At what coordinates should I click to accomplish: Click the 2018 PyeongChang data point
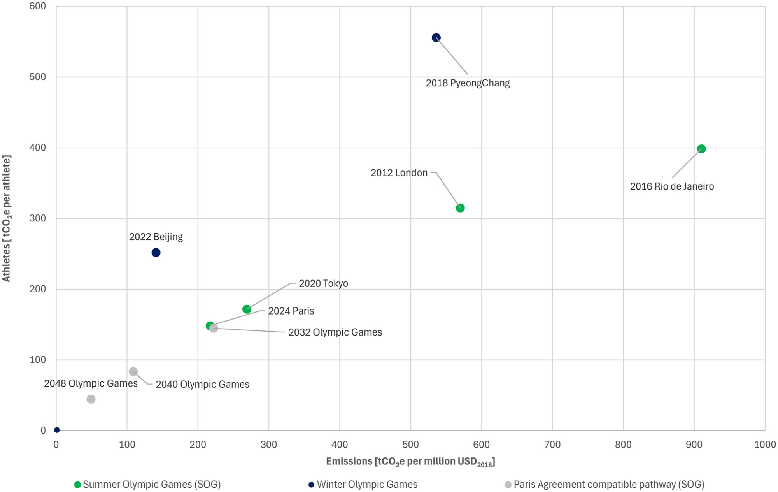436,38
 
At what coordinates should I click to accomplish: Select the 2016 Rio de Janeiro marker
701,149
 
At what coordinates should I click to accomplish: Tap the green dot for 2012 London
460,208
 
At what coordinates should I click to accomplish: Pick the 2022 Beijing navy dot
156,253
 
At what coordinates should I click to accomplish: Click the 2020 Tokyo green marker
247,309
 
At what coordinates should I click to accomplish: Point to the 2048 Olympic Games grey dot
91,399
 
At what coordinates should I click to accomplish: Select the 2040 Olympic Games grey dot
133,372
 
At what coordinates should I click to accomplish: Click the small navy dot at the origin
57,430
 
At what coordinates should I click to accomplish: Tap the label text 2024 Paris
291,311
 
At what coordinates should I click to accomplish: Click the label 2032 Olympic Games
335,332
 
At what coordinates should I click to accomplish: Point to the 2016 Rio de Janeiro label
672,186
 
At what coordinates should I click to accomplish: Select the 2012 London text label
399,173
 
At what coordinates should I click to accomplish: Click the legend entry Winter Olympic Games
367,485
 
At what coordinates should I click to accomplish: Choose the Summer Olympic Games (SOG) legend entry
152,485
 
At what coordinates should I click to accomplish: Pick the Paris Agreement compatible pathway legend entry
609,485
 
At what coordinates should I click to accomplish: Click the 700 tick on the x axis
552,445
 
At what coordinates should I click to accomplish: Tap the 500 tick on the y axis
38,77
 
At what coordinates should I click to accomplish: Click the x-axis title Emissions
410,462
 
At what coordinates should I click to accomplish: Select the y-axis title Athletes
7,218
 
